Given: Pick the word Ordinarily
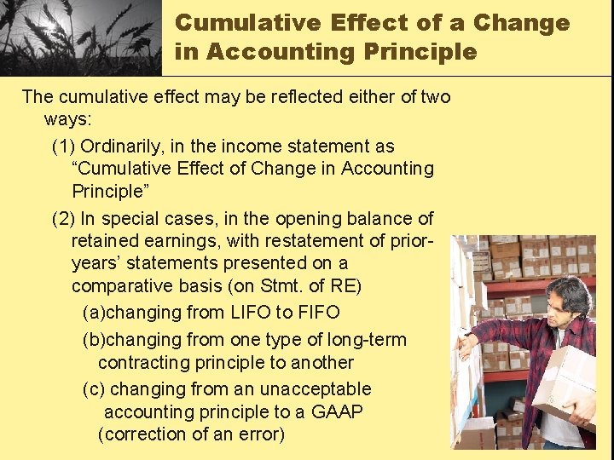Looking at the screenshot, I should (142, 147).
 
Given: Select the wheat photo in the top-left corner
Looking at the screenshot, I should (81, 37).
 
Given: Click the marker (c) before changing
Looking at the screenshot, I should (94, 388).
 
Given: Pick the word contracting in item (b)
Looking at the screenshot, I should (145, 362).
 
